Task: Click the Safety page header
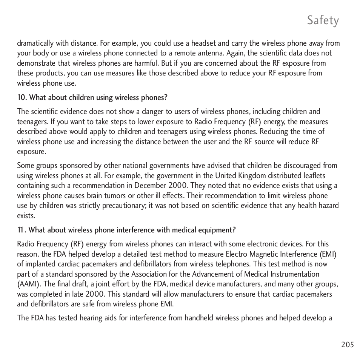coord(323,20)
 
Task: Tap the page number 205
coord(347,345)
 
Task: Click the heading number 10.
coord(22,98)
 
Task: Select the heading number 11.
coord(22,230)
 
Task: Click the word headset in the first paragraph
coord(204,43)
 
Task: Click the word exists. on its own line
coord(26,216)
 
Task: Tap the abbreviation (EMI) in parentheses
coord(328,254)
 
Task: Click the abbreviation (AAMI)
coord(29,284)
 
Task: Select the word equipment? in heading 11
coord(219,230)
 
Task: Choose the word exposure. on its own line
coord(31,152)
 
